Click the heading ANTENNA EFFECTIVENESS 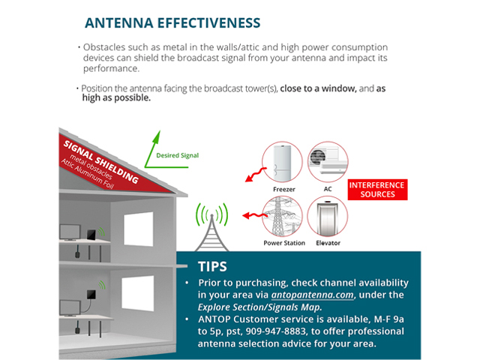point(172,23)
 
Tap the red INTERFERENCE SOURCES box point(377,190)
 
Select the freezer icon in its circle point(282,162)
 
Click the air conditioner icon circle point(328,162)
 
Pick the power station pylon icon point(282,217)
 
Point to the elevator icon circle point(328,217)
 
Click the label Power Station point(284,243)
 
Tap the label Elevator point(328,243)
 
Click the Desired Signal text point(178,155)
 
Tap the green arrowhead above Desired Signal point(157,136)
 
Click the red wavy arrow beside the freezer point(256,175)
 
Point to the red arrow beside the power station point(255,216)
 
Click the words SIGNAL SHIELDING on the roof point(100,161)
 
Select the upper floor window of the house point(139,229)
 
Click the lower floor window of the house point(138,293)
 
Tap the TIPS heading point(212,267)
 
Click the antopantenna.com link point(313,295)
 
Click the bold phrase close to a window point(318,88)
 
